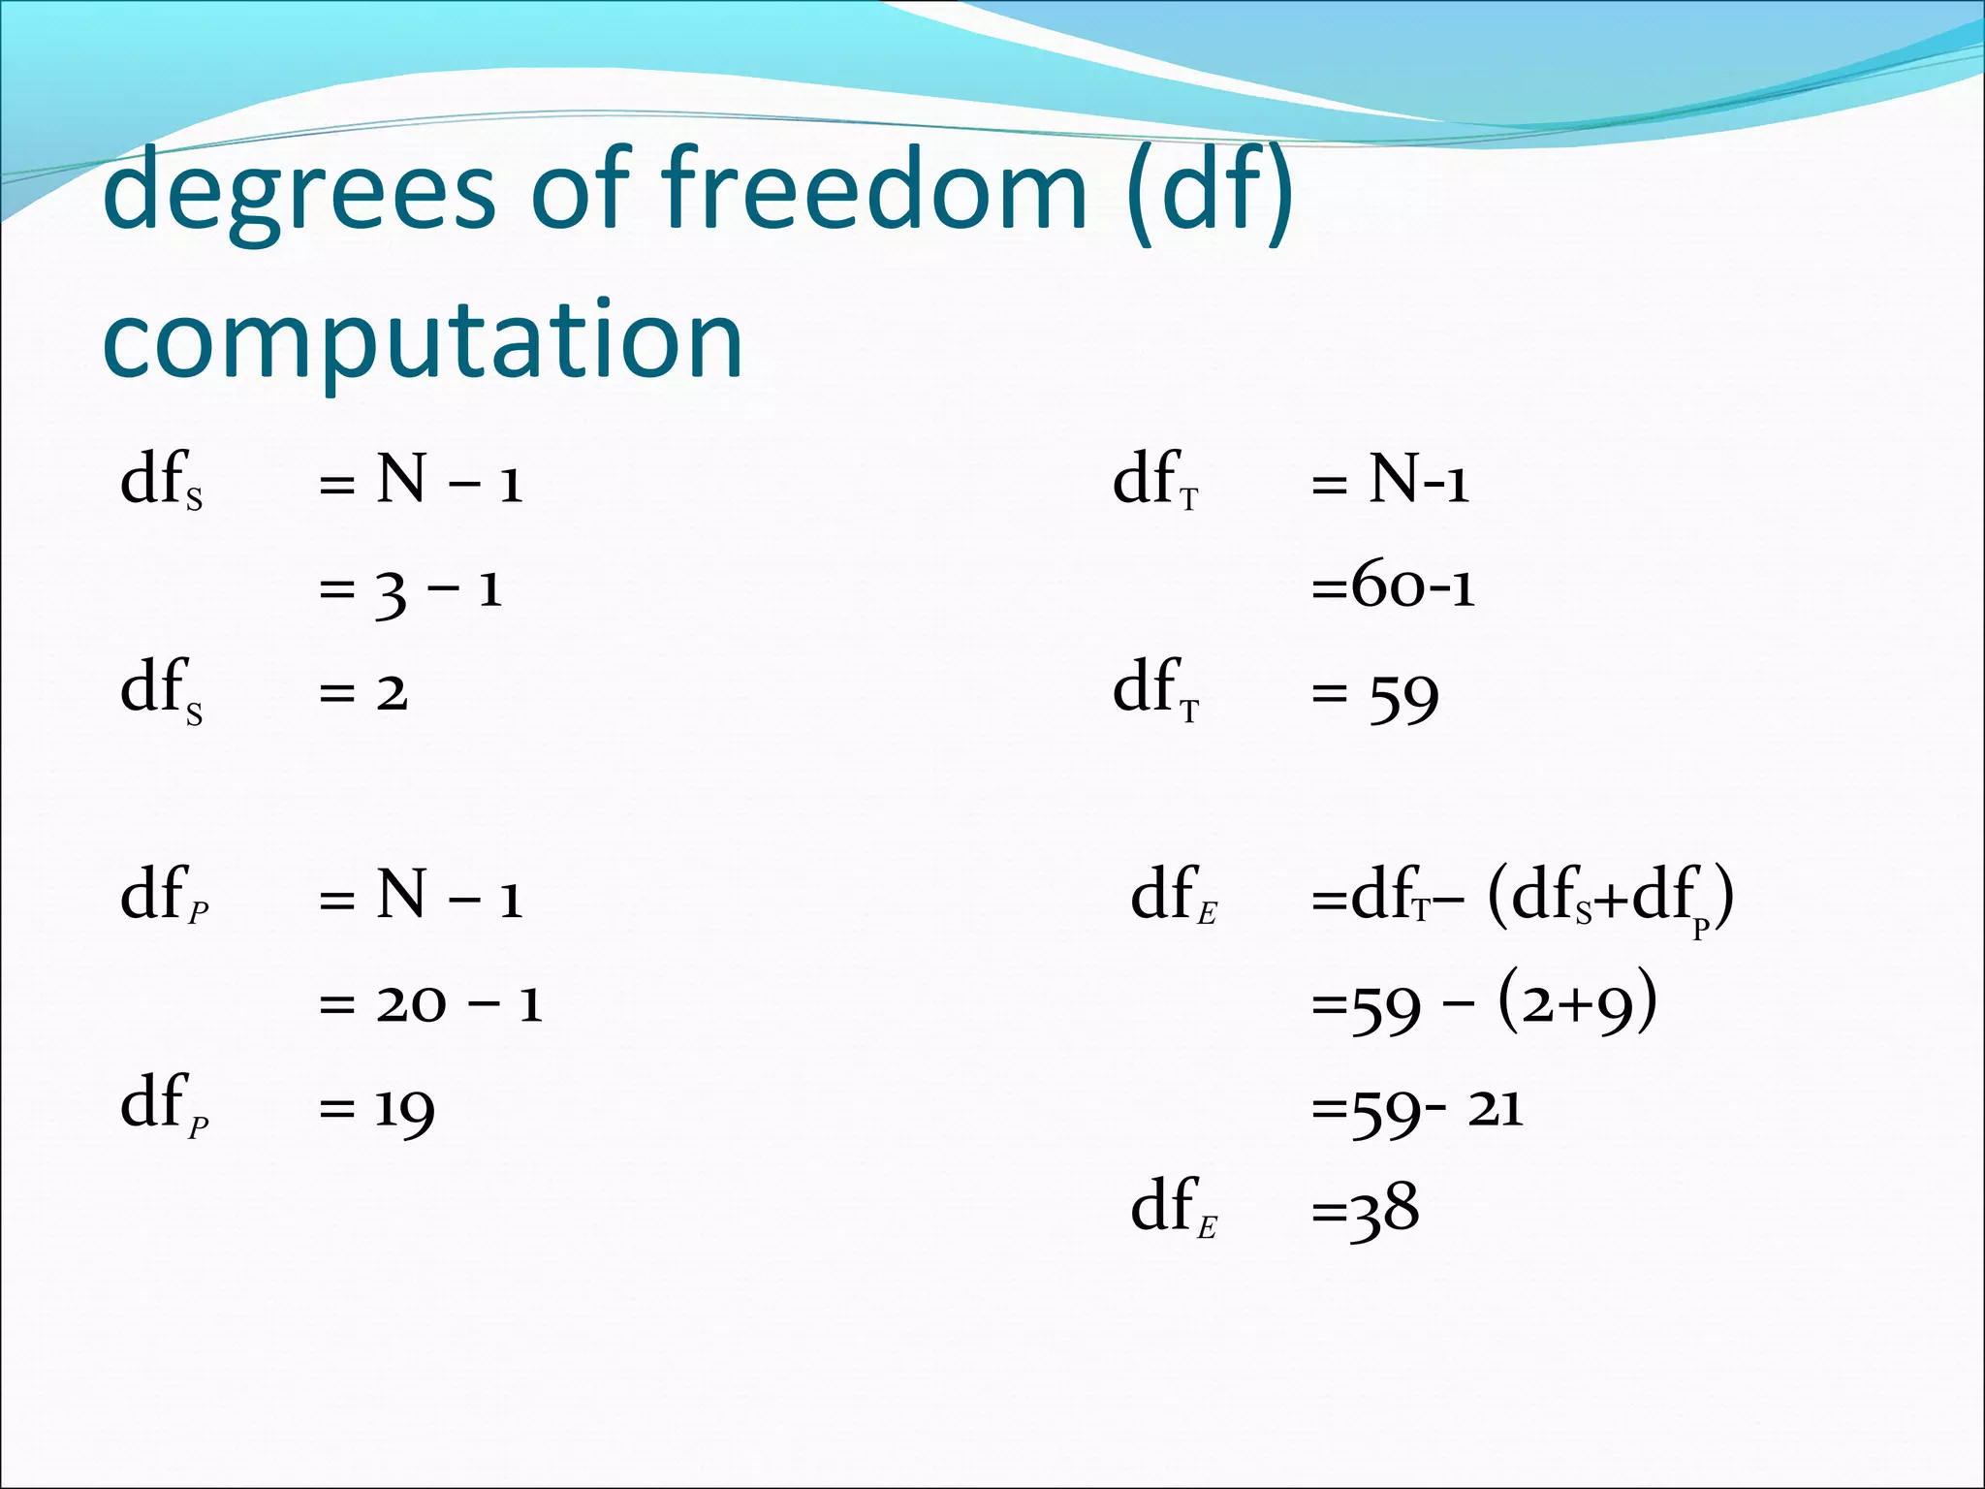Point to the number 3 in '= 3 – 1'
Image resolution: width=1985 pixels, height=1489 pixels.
click(391, 591)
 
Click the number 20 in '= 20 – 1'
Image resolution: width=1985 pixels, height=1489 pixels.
click(411, 1003)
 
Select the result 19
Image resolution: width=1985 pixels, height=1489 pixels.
click(404, 1110)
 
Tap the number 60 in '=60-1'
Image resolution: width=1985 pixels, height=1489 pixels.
click(1389, 586)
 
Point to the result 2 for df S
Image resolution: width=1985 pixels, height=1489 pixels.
click(392, 693)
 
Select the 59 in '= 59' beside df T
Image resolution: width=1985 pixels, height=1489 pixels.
click(1402, 696)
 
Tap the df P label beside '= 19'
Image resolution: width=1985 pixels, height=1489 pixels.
click(164, 1106)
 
